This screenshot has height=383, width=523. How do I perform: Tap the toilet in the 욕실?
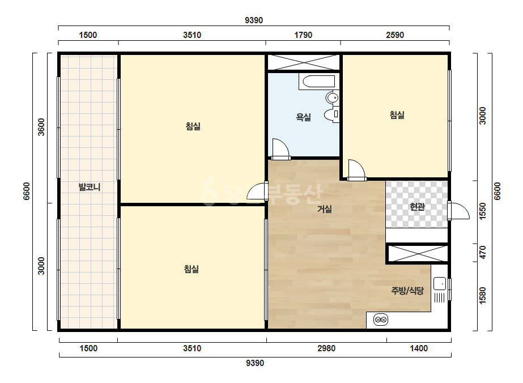click(331, 114)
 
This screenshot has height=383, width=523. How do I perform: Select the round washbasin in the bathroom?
click(332, 98)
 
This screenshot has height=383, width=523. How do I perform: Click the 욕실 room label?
click(303, 117)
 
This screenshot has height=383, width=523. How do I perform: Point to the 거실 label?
click(324, 209)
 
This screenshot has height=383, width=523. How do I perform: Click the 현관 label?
click(417, 207)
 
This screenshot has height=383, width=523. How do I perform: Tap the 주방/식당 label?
click(407, 291)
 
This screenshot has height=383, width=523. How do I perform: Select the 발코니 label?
click(90, 187)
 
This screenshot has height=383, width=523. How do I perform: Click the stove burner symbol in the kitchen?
click(381, 320)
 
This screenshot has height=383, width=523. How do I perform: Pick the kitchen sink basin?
click(439, 284)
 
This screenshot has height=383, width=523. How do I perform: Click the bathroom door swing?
click(280, 148)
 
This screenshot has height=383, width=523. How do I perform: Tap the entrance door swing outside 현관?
click(459, 211)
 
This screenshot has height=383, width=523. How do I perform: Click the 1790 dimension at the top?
click(303, 35)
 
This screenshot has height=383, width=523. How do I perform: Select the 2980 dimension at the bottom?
click(326, 348)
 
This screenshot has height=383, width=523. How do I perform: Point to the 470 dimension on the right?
click(482, 252)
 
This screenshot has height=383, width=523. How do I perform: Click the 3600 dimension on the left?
click(41, 127)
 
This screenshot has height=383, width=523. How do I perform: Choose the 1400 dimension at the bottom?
click(419, 348)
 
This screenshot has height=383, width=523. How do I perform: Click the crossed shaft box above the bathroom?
click(304, 62)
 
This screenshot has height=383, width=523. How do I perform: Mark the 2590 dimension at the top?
click(395, 35)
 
